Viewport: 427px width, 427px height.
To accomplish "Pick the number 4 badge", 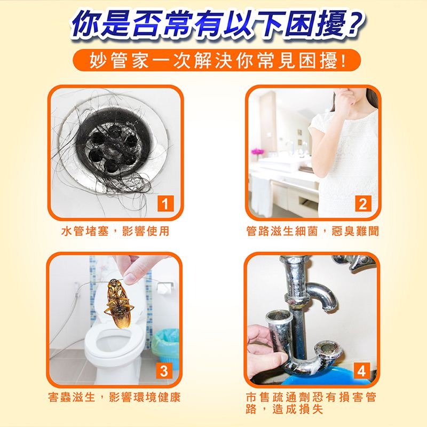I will [362, 371].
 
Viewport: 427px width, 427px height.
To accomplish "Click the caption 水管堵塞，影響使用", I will [115, 231].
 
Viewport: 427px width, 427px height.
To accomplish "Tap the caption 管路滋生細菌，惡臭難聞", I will [312, 231].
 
